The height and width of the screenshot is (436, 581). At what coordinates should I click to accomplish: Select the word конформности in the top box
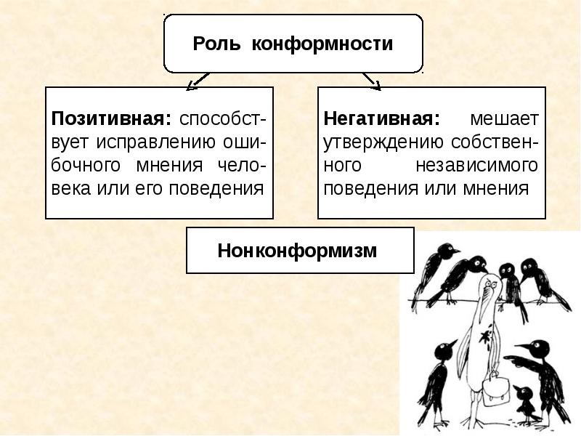coord(322,44)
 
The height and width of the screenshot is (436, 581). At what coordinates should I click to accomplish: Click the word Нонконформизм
coord(298,251)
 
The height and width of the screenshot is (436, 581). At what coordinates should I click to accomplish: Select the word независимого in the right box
coord(477,165)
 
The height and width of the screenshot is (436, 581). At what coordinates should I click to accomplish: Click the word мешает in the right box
coord(503,118)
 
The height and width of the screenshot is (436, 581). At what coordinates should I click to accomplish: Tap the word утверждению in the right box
coord(383,142)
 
